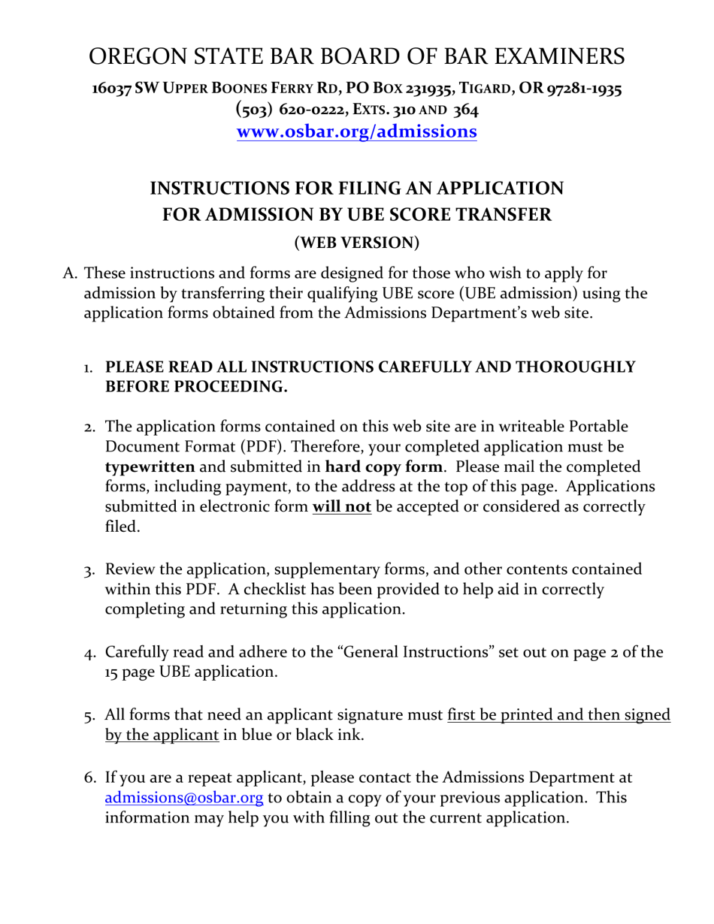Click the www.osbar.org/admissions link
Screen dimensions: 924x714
point(357,132)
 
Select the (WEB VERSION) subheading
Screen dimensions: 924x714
point(357,243)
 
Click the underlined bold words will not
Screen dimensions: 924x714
point(342,507)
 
